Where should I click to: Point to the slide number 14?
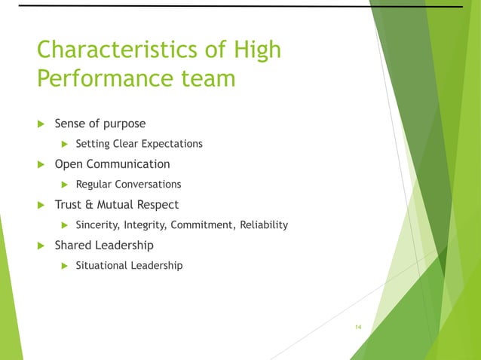coord(358,326)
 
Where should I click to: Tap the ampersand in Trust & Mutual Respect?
coord(88,205)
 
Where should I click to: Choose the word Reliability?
coord(264,225)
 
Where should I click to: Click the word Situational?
coord(101,266)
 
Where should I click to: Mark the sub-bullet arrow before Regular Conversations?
coord(65,185)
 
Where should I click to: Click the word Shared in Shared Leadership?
coord(73,246)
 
